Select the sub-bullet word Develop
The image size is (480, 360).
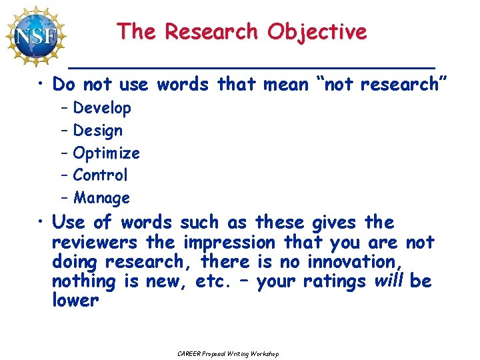coord(102,108)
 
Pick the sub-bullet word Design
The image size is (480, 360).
coord(98,131)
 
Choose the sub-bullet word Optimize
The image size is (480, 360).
coord(107,153)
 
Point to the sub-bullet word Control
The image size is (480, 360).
coord(100,175)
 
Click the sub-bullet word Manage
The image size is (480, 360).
coord(101,198)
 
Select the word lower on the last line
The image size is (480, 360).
coord(75,300)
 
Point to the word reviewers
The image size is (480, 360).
coord(95,242)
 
